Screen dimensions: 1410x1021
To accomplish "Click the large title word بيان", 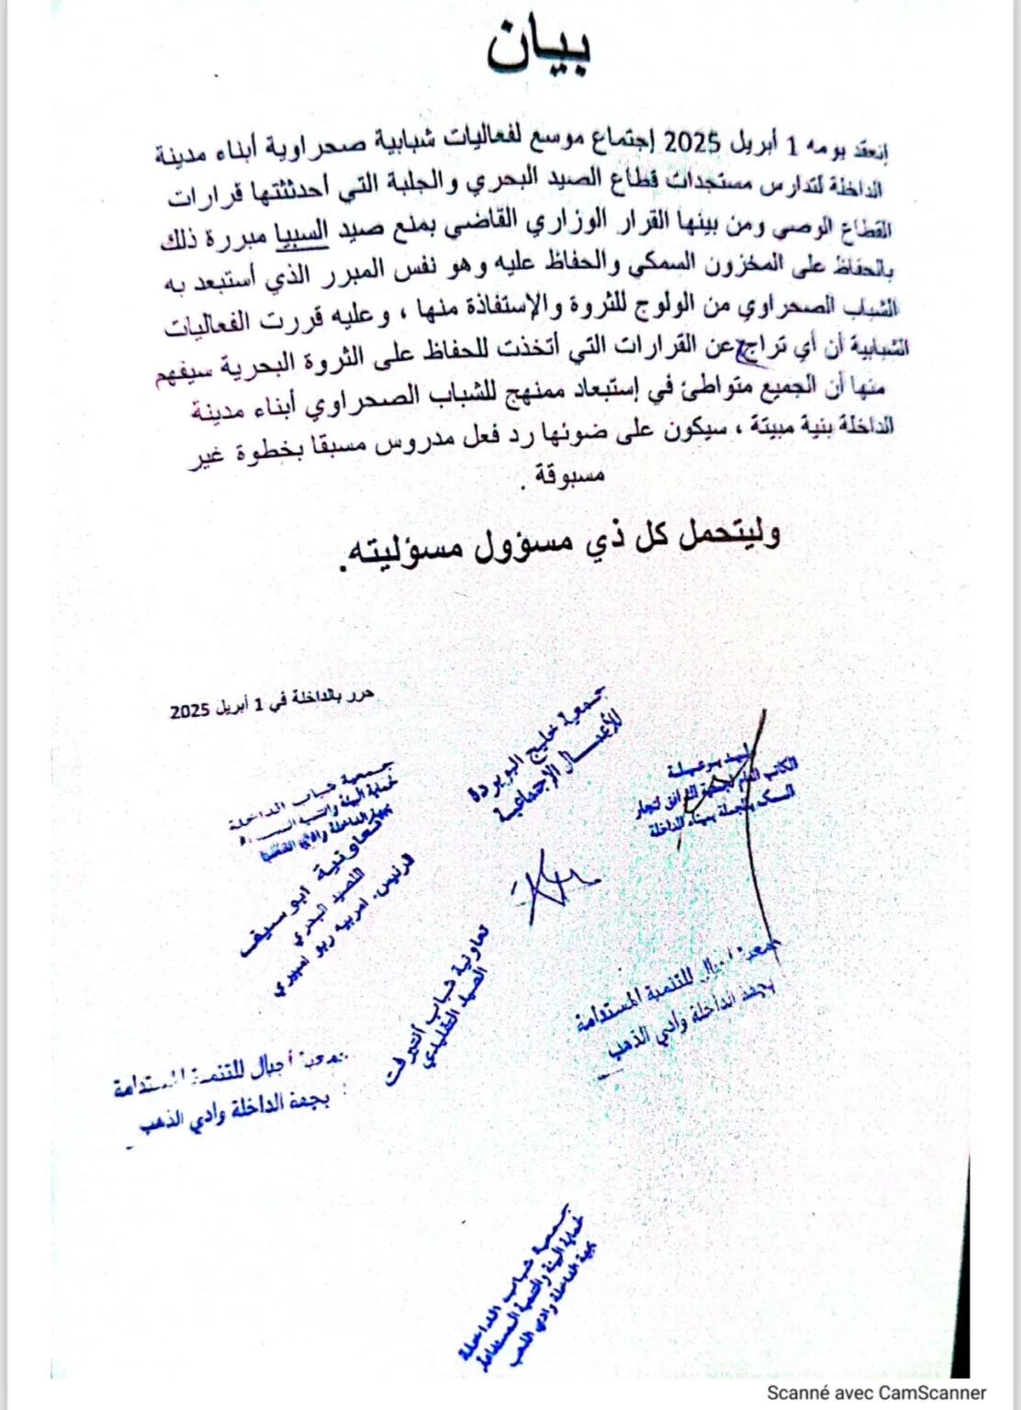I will coord(538,46).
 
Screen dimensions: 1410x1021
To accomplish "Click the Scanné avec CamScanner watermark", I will coord(877,1393).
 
